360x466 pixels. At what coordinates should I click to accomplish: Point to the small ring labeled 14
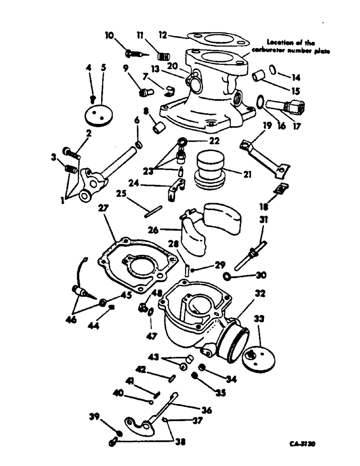pyautogui.click(x=275, y=71)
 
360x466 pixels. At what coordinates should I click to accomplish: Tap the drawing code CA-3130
pyautogui.click(x=303, y=445)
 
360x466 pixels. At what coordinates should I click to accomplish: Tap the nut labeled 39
pyautogui.click(x=119, y=433)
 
